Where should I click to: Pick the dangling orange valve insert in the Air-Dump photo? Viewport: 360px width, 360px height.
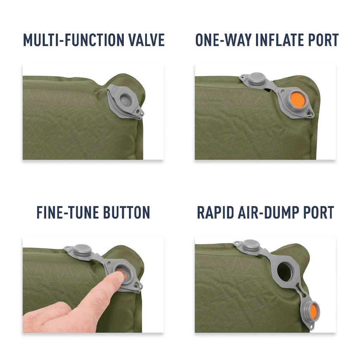pyautogui.click(x=311, y=311)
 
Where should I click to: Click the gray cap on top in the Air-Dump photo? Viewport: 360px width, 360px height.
pyautogui.click(x=251, y=245)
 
